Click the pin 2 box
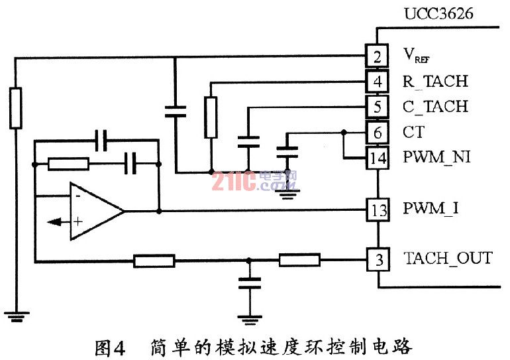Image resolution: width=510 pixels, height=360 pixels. (378, 56)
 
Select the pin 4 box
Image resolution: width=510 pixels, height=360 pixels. (378, 82)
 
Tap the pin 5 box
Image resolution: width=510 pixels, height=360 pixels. (378, 107)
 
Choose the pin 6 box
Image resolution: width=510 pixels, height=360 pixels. (378, 133)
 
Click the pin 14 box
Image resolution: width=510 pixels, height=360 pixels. (378, 158)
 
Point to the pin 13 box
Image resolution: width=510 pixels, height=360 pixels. (378, 211)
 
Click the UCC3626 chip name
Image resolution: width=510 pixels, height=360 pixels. (440, 13)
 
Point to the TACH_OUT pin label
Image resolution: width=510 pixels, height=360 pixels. (448, 259)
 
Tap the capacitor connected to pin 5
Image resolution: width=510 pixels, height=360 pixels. (248, 141)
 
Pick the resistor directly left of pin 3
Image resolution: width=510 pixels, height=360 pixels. (299, 260)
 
